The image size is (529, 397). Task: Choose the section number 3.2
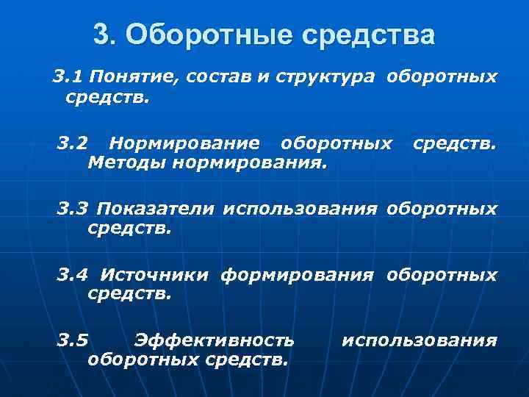73,141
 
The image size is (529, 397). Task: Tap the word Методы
126,160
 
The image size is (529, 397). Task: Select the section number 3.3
73,209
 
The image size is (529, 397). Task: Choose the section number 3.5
73,340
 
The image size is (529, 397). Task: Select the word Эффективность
215,340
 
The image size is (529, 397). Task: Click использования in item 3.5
420,340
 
